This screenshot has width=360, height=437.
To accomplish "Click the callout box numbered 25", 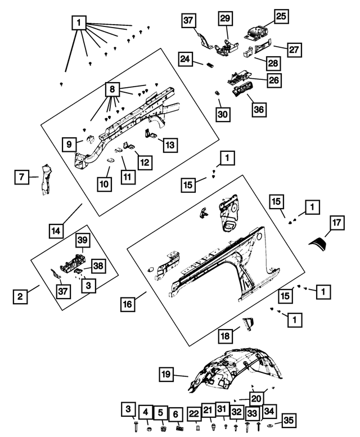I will [x=281, y=17].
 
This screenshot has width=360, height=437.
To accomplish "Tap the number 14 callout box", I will [x=56, y=231].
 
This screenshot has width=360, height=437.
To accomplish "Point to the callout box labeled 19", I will [x=165, y=373].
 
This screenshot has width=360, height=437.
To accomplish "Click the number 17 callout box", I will [x=336, y=223].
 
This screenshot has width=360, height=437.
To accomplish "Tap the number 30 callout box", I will [x=223, y=114].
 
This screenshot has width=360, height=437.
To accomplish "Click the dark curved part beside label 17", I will [x=319, y=244].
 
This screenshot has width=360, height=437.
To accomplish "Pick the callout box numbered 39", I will [x=82, y=240].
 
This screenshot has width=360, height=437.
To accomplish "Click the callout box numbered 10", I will [x=105, y=183].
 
